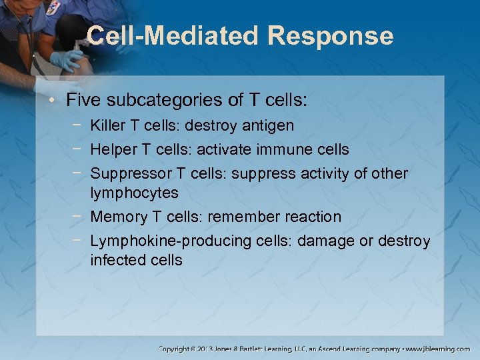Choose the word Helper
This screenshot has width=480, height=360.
113,149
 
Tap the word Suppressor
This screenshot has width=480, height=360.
131,173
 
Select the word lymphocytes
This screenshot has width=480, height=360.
134,193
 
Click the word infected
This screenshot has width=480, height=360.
117,260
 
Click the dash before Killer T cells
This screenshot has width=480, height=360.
79,125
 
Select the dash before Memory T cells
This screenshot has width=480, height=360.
79,217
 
